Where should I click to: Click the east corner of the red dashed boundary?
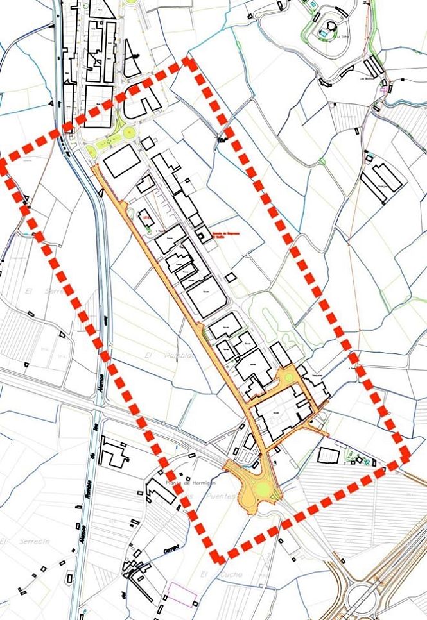coord(406,453)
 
